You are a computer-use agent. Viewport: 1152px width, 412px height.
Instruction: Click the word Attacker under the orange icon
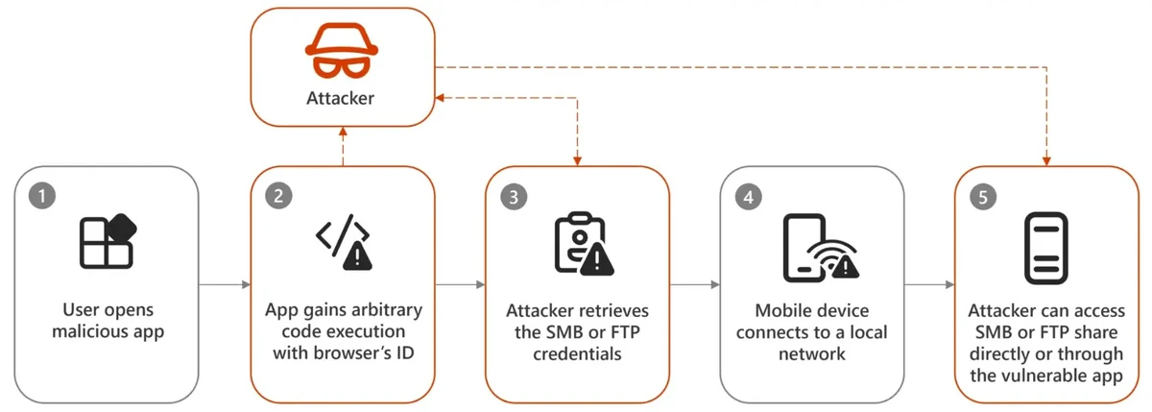(340, 98)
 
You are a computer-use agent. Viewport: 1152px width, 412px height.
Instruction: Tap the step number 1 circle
(40, 196)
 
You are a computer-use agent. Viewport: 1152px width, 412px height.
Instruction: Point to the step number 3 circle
(513, 196)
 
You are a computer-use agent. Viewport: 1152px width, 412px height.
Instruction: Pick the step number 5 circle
(983, 196)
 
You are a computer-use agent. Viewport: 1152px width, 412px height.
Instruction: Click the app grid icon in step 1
(108, 241)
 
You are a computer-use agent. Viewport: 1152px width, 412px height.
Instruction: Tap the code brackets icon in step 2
(343, 241)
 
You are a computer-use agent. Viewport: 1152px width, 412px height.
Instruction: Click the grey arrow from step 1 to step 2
(224, 284)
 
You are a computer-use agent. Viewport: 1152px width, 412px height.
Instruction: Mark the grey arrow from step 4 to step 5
(928, 284)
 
